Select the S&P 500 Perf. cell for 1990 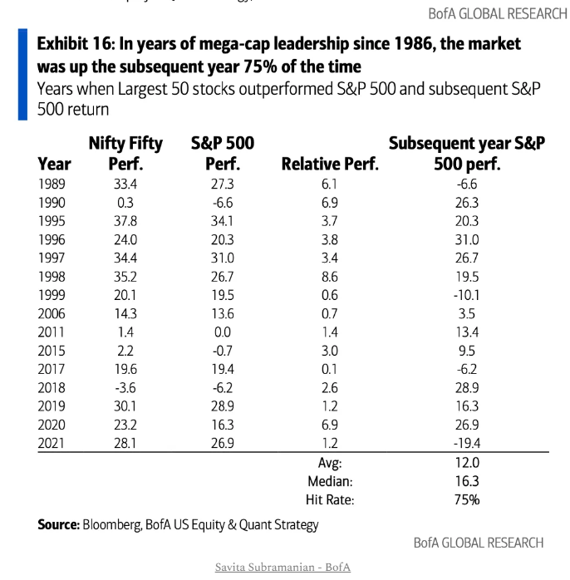pyautogui.click(x=222, y=202)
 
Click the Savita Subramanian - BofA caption pyautogui.click(x=283, y=568)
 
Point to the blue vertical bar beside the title pyautogui.click(x=22, y=75)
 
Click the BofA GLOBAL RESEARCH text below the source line pyautogui.click(x=479, y=543)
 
